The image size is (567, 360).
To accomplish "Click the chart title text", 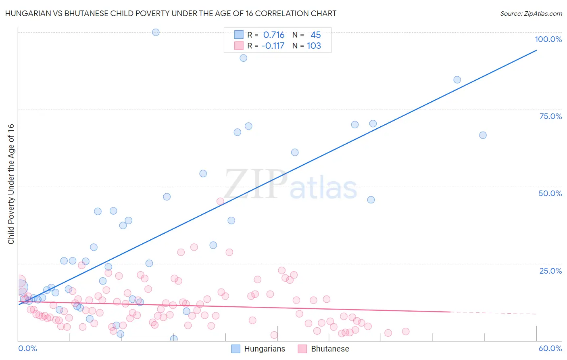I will [171, 14].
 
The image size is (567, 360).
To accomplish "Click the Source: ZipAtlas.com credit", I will [531, 14].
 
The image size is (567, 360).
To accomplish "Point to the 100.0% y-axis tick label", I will [548, 39].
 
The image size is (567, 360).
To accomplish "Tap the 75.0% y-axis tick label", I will [550, 116].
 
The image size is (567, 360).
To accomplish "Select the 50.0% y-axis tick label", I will [550, 193].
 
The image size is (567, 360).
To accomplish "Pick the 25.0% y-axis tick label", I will [550, 271].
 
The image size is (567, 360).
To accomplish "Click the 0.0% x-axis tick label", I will [27, 348].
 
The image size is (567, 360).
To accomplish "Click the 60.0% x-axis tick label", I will [550, 348].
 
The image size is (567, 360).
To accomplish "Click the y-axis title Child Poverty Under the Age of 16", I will [11, 184].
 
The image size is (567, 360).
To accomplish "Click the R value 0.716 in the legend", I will [274, 35].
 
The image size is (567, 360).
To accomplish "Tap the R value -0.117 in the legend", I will [273, 46].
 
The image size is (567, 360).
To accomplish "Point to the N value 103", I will [314, 46].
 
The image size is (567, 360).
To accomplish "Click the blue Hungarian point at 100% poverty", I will [156, 32].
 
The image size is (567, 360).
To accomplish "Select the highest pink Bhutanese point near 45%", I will [220, 201].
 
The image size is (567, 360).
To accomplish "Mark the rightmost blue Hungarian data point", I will [483, 135].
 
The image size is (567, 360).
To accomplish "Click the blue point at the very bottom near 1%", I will [174, 339].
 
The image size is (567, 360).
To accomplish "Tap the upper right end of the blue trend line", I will [536, 50].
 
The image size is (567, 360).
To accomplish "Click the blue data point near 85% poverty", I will [457, 80].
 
